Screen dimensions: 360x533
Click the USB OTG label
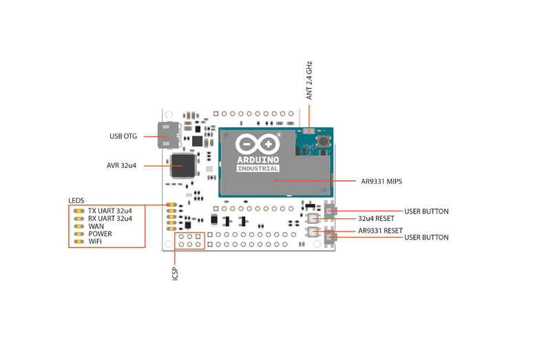[x=124, y=136]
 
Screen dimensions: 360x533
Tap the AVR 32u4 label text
[x=121, y=165]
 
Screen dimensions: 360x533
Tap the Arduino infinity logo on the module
[x=257, y=145]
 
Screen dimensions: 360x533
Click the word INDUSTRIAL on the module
[x=257, y=168]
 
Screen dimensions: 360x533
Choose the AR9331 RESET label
[x=380, y=230]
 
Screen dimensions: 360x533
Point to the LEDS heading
[x=76, y=200]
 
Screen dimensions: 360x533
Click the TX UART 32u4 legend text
[x=109, y=210]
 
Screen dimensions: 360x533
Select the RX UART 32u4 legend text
[x=109, y=218]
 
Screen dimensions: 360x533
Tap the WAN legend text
[x=96, y=226]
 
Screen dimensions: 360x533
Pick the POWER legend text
[x=101, y=234]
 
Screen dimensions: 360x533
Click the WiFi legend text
[x=96, y=242]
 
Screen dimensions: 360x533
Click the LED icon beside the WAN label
[x=79, y=226]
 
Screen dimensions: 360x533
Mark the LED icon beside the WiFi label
[x=79, y=242]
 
